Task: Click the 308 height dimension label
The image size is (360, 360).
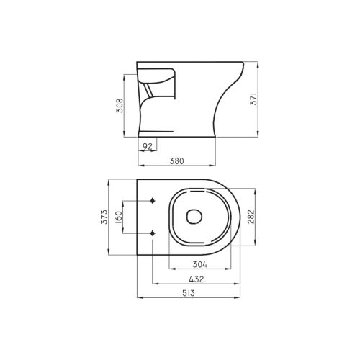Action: click(120, 105)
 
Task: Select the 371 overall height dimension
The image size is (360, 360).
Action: click(253, 99)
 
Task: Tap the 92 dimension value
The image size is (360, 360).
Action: click(148, 146)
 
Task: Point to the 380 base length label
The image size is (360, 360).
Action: click(177, 161)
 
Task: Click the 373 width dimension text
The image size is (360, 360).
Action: click(104, 217)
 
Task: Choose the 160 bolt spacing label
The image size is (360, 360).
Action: click(119, 217)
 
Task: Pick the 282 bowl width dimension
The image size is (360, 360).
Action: click(251, 217)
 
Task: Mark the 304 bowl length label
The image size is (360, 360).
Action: click(200, 264)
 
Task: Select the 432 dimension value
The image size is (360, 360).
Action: click(197, 279)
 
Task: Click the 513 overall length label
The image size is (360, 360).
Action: click(189, 293)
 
